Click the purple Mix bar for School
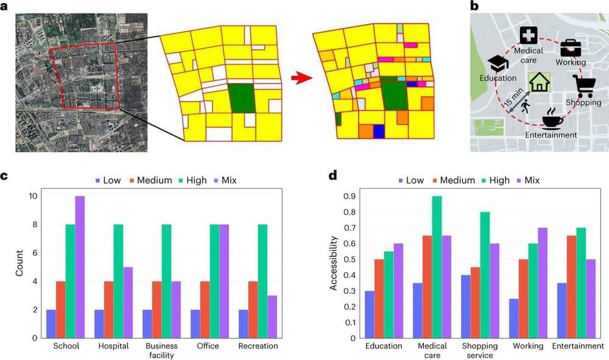point(80,267)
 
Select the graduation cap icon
point(499,63)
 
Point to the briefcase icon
point(570,47)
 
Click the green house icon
point(539,82)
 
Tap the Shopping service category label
point(481,350)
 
